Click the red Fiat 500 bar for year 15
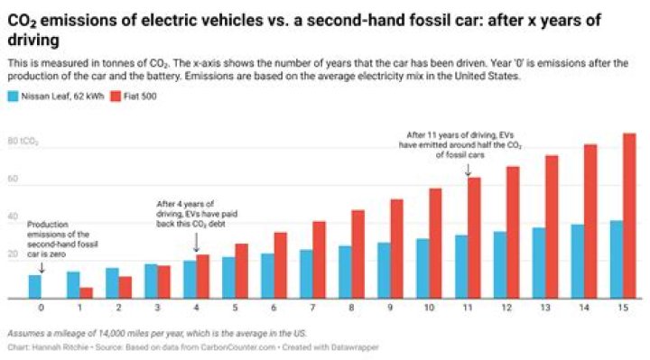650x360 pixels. [x=629, y=216]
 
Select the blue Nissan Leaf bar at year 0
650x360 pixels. [x=34, y=286]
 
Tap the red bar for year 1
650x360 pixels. [x=86, y=292]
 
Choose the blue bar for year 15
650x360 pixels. [x=616, y=259]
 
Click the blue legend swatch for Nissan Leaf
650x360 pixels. [x=13, y=93]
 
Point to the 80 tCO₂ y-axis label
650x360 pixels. [x=22, y=142]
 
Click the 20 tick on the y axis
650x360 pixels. [x=14, y=255]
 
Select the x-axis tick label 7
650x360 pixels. [x=313, y=308]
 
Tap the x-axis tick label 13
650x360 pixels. [x=545, y=308]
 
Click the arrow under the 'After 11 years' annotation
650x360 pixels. [x=468, y=170]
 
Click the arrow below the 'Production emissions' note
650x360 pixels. [x=42, y=266]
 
